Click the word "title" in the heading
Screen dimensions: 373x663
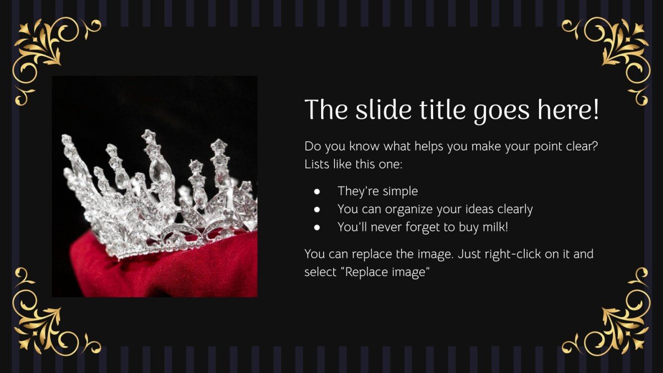click(442, 110)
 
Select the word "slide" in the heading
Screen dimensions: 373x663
click(383, 110)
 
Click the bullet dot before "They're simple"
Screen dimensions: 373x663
click(317, 191)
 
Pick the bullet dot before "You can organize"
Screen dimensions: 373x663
click(317, 210)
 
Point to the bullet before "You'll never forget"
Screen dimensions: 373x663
click(317, 227)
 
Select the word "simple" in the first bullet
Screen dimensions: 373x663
click(399, 191)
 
